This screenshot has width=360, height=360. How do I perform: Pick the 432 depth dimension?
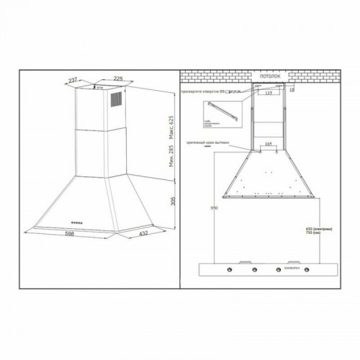pyautogui.click(x=143, y=234)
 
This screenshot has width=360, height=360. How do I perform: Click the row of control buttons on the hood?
pyautogui.click(x=78, y=222)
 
